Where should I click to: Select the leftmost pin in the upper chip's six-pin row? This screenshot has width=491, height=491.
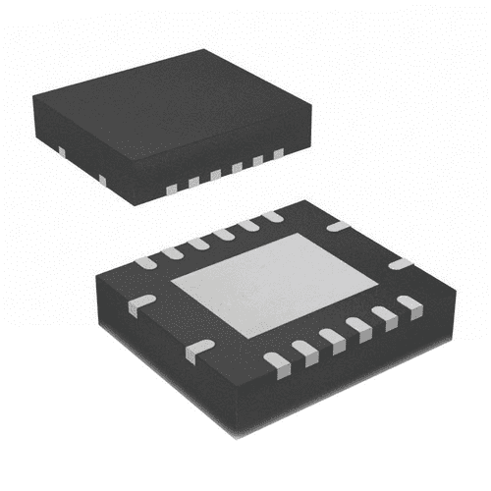click(x=170, y=188)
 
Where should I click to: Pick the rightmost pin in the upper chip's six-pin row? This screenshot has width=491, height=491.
click(x=278, y=153)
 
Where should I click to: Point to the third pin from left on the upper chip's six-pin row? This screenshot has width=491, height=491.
click(x=214, y=174)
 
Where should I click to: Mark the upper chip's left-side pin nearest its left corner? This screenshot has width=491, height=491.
click(x=61, y=151)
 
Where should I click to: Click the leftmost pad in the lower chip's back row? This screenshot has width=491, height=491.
click(x=145, y=262)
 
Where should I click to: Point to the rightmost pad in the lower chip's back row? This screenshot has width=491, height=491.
click(x=272, y=216)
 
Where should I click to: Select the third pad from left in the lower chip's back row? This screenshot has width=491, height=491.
click(x=198, y=243)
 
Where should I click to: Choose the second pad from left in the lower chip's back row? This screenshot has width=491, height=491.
click(x=173, y=252)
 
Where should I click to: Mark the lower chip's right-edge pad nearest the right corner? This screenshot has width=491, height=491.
click(x=400, y=263)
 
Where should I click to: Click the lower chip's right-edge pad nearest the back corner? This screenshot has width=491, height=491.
click(x=338, y=227)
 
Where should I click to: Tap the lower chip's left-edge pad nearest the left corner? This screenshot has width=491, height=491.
click(x=140, y=303)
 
